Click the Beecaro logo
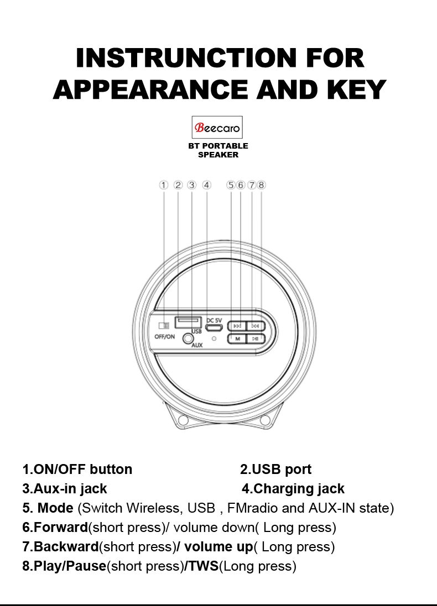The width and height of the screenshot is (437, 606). pyautogui.click(x=217, y=127)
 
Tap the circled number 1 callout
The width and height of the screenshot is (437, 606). pyautogui.click(x=164, y=185)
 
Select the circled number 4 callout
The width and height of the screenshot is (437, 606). pyautogui.click(x=207, y=185)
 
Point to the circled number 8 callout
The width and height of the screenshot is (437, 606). pyautogui.click(x=261, y=185)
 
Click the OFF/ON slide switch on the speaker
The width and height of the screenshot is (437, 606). pyautogui.click(x=164, y=325)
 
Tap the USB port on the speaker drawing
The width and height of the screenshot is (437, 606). pyautogui.click(x=188, y=322)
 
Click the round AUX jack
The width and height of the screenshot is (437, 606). pyautogui.click(x=188, y=339)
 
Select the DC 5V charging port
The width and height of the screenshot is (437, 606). pyautogui.click(x=214, y=328)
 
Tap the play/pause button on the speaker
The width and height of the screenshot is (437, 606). pyautogui.click(x=256, y=339)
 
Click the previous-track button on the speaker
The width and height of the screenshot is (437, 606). pyautogui.click(x=237, y=326)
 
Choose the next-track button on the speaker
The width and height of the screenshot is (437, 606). pyautogui.click(x=256, y=326)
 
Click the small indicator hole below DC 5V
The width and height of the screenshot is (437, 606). pyautogui.click(x=214, y=339)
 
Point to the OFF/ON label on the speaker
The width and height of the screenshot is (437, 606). pyautogui.click(x=164, y=336)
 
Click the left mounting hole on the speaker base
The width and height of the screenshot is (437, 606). pyautogui.click(x=184, y=419)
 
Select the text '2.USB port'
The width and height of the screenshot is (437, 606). pyautogui.click(x=275, y=469)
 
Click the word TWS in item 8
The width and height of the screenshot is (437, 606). pyautogui.click(x=204, y=566)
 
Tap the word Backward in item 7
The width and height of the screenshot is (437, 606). pyautogui.click(x=66, y=546)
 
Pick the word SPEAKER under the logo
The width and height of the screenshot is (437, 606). pyautogui.click(x=218, y=155)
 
